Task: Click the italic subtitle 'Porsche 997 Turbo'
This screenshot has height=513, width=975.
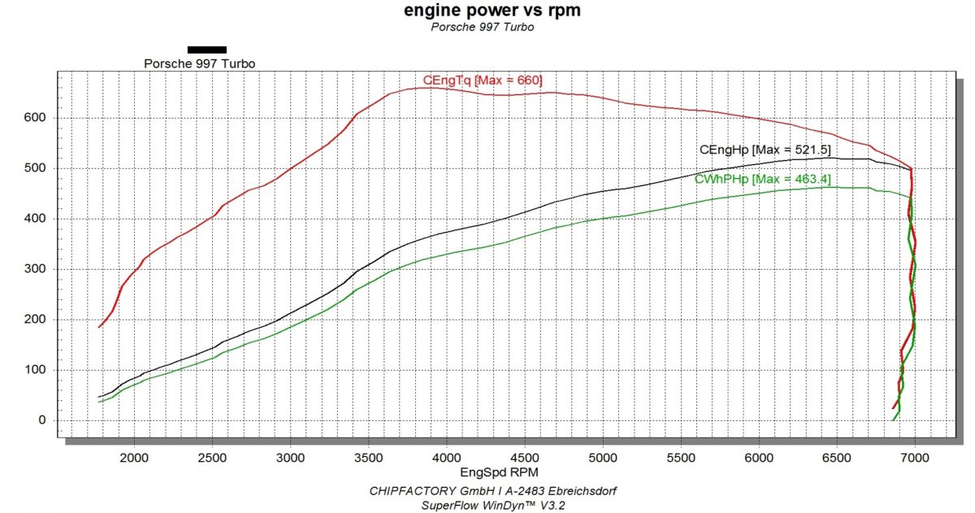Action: [x=482, y=27]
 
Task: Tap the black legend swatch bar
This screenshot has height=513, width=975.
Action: [x=206, y=50]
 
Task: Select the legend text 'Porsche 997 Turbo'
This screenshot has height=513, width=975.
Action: [x=193, y=63]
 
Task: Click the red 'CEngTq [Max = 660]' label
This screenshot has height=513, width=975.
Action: [x=482, y=80]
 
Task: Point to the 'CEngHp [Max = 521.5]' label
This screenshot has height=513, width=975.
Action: [x=765, y=150]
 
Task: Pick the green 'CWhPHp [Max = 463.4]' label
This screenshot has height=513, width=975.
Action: [x=762, y=179]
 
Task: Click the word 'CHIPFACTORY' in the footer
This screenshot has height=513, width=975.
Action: [x=405, y=491]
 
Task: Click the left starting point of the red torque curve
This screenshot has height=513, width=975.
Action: [x=99, y=327]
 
